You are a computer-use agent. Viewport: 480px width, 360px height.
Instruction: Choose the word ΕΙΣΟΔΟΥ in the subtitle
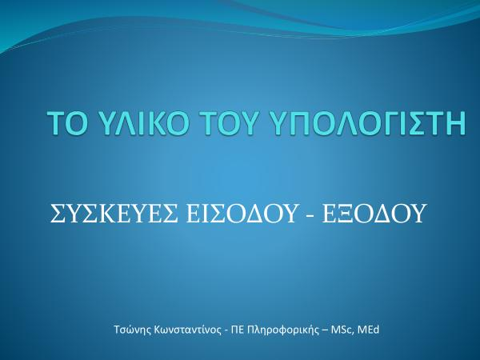pyautogui.click(x=242, y=214)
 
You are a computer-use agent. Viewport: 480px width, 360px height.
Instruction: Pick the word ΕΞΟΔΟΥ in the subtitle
pyautogui.click(x=374, y=214)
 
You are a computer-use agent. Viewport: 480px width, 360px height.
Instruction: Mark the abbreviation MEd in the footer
pyautogui.click(x=369, y=330)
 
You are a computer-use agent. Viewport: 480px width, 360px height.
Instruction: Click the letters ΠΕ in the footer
pyautogui.click(x=238, y=330)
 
